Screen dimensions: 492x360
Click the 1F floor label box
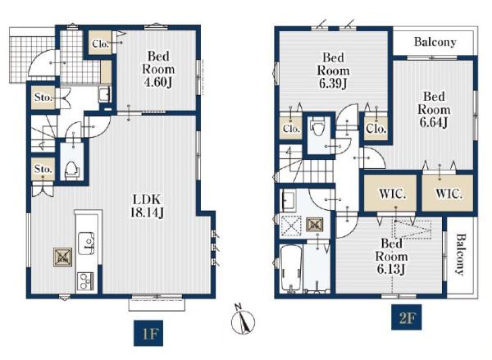(148, 333)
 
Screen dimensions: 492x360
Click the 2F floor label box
(407, 317)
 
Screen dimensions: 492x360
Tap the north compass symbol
(243, 320)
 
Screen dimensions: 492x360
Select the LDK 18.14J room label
(147, 206)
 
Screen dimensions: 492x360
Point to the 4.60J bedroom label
(158, 70)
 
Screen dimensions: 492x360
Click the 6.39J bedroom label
(333, 71)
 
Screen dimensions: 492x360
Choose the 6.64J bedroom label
(434, 110)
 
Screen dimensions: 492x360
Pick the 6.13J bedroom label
(392, 256)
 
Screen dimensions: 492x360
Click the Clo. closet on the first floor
(100, 43)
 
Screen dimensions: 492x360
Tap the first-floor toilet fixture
(72, 170)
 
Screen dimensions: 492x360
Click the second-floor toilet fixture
(317, 126)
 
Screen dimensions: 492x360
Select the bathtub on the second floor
(291, 268)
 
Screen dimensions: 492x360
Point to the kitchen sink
(86, 244)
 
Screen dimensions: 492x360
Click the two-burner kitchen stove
(85, 281)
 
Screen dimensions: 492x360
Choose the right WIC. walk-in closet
(448, 193)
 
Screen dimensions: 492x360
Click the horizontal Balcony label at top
(435, 42)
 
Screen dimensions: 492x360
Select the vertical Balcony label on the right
(460, 254)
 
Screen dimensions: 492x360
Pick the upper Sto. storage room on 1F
(43, 98)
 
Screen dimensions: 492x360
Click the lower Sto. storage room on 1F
(43, 169)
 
